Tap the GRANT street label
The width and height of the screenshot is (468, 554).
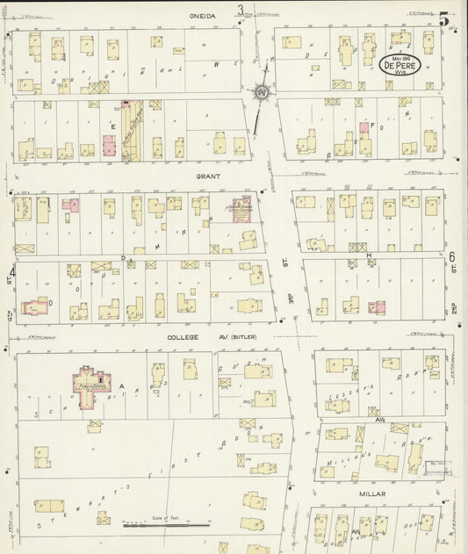point(208,176)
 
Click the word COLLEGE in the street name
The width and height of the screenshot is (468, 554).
point(181,336)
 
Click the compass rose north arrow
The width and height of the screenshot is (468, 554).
point(261,92)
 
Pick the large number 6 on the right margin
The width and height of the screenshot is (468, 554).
point(452,257)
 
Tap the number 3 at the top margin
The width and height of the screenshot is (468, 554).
point(240,11)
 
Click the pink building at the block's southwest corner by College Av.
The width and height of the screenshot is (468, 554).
point(35,308)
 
